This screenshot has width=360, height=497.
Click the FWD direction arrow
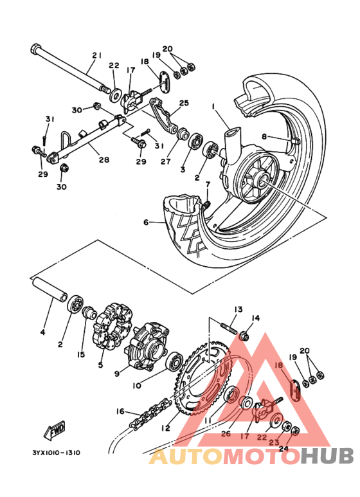click(55, 430)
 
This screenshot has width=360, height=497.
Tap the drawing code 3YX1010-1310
click(56, 453)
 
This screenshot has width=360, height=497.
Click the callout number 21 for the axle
click(96, 55)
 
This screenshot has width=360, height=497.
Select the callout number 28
click(104, 159)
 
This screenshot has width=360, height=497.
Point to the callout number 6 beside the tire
click(146, 222)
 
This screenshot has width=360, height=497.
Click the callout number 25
click(184, 103)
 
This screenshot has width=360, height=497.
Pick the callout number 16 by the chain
click(120, 411)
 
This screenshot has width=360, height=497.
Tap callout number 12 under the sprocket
click(165, 428)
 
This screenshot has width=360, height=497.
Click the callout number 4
click(42, 332)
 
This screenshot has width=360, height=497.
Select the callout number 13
click(239, 309)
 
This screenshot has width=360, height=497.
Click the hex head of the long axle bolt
click(35, 49)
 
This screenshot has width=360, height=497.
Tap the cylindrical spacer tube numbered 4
click(49, 289)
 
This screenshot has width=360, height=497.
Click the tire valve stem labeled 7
click(206, 204)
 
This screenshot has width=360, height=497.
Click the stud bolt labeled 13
click(228, 328)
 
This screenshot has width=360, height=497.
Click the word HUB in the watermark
click(327, 456)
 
